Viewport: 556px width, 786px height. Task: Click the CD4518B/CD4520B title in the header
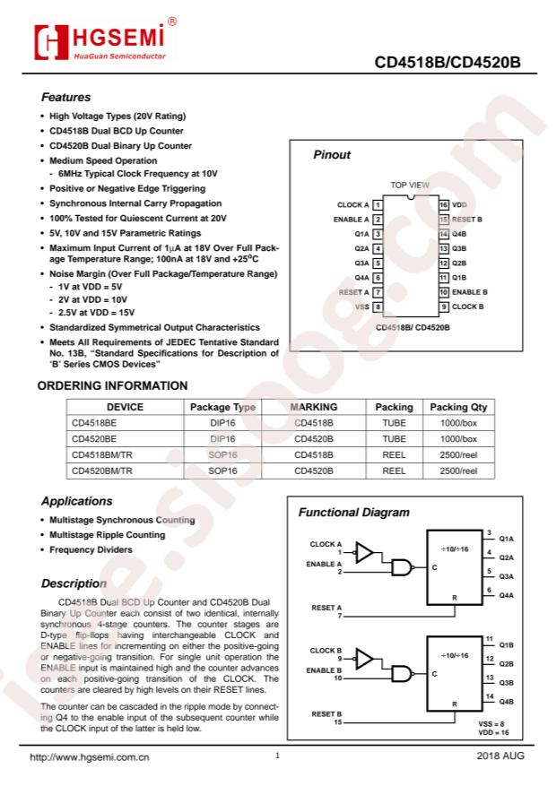pos(447,64)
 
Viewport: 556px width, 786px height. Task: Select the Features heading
pos(65,98)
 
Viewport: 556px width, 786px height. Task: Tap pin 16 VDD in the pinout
pos(452,204)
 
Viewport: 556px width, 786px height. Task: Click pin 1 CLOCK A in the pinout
pos(360,204)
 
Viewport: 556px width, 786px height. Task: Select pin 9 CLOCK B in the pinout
pos(459,307)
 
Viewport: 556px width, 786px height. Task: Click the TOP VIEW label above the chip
pos(410,185)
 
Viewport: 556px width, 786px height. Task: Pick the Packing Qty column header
pos(458,407)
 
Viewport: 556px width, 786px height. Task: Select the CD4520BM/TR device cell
pos(101,470)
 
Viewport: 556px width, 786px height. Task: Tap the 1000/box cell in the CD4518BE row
pos(458,423)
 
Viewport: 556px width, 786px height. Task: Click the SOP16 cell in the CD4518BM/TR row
pos(223,454)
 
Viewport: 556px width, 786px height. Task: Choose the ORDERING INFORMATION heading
pos(112,386)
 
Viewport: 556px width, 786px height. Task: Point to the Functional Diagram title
pos(353,513)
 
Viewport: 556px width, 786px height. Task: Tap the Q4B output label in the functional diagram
pos(506,701)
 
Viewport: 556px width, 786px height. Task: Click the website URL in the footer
pos(90,757)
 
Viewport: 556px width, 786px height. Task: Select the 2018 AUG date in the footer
pos(500,757)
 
